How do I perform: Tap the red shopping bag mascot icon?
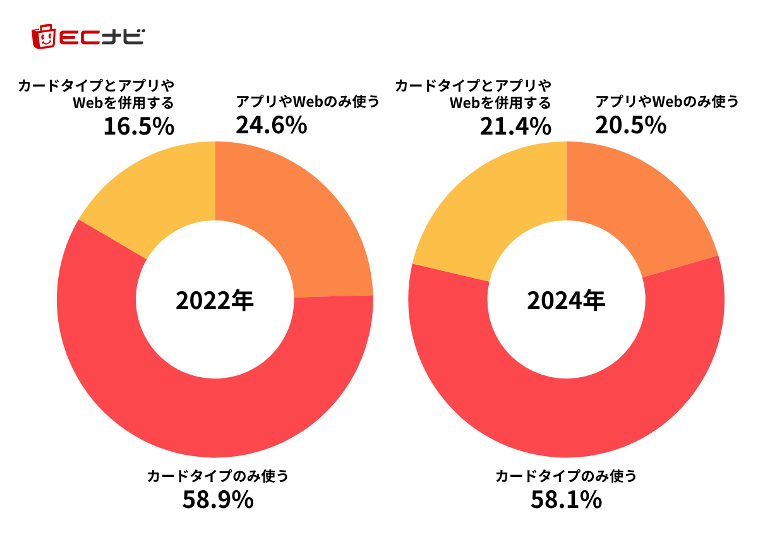[x=44, y=37]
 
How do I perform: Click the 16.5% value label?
[x=138, y=126]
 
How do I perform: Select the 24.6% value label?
[x=271, y=125]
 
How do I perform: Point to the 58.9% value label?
[x=218, y=500]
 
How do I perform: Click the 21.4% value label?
[x=515, y=126]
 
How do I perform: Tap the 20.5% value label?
[x=630, y=125]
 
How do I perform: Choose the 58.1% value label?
[x=566, y=500]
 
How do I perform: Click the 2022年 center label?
[x=215, y=300]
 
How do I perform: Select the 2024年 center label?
[x=566, y=300]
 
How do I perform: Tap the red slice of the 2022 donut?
[x=215, y=411]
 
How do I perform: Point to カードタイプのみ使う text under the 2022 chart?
[x=217, y=476]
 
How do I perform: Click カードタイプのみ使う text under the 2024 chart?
[x=566, y=476]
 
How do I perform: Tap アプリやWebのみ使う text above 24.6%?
[x=308, y=101]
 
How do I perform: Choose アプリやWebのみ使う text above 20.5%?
[x=667, y=101]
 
